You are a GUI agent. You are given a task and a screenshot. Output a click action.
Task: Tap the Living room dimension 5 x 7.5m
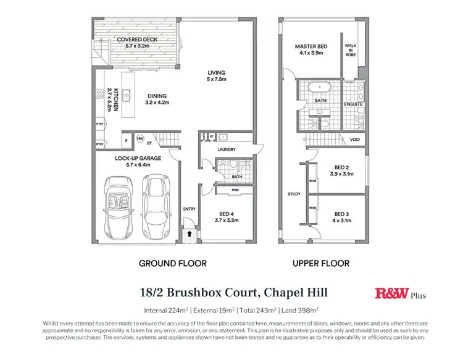pos(216,80)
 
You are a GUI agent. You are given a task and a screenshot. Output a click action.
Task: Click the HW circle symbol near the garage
pos(141,138)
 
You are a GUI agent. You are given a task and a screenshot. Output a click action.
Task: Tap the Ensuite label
pos(353,104)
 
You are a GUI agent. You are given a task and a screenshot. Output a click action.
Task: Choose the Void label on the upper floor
pos(354,140)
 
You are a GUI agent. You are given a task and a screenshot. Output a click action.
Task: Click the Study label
pos(294,194)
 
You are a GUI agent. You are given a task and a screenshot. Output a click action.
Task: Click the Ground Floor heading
pos(172,263)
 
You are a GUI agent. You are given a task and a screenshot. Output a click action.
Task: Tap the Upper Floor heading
pos(321,263)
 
